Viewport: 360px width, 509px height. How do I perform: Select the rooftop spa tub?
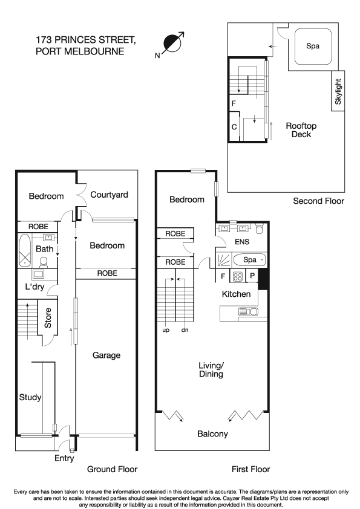(313, 46)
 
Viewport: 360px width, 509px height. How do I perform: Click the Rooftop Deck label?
(301, 130)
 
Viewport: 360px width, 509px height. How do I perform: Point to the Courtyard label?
(109, 195)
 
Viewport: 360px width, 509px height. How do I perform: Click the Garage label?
(105, 355)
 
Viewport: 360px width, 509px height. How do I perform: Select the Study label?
(30, 397)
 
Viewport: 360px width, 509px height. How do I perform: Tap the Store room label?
(47, 319)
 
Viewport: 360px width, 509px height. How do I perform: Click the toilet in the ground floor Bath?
(44, 262)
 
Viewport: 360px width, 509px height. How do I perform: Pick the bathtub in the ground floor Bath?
(24, 251)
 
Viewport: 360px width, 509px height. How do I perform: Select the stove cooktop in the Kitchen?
(238, 277)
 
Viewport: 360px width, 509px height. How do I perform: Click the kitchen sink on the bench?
(249, 312)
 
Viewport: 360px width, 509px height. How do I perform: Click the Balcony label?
(212, 434)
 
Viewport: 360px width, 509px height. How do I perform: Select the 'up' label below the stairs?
(166, 330)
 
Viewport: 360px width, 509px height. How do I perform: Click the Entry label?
(64, 459)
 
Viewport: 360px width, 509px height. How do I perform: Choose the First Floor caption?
(250, 469)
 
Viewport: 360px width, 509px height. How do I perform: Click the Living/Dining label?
(211, 370)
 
